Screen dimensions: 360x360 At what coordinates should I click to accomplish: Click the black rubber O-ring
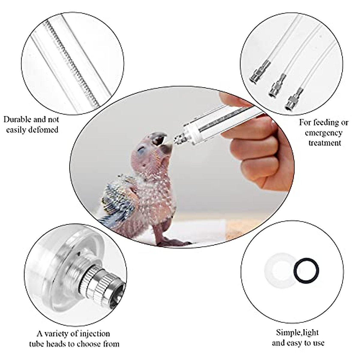(x=306, y=271)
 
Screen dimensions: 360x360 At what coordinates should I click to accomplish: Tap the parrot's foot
(x=174, y=242)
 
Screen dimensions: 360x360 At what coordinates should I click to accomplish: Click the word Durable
(x=17, y=119)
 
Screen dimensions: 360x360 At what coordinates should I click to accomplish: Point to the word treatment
(x=325, y=142)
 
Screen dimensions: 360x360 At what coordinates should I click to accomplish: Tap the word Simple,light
(x=297, y=332)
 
